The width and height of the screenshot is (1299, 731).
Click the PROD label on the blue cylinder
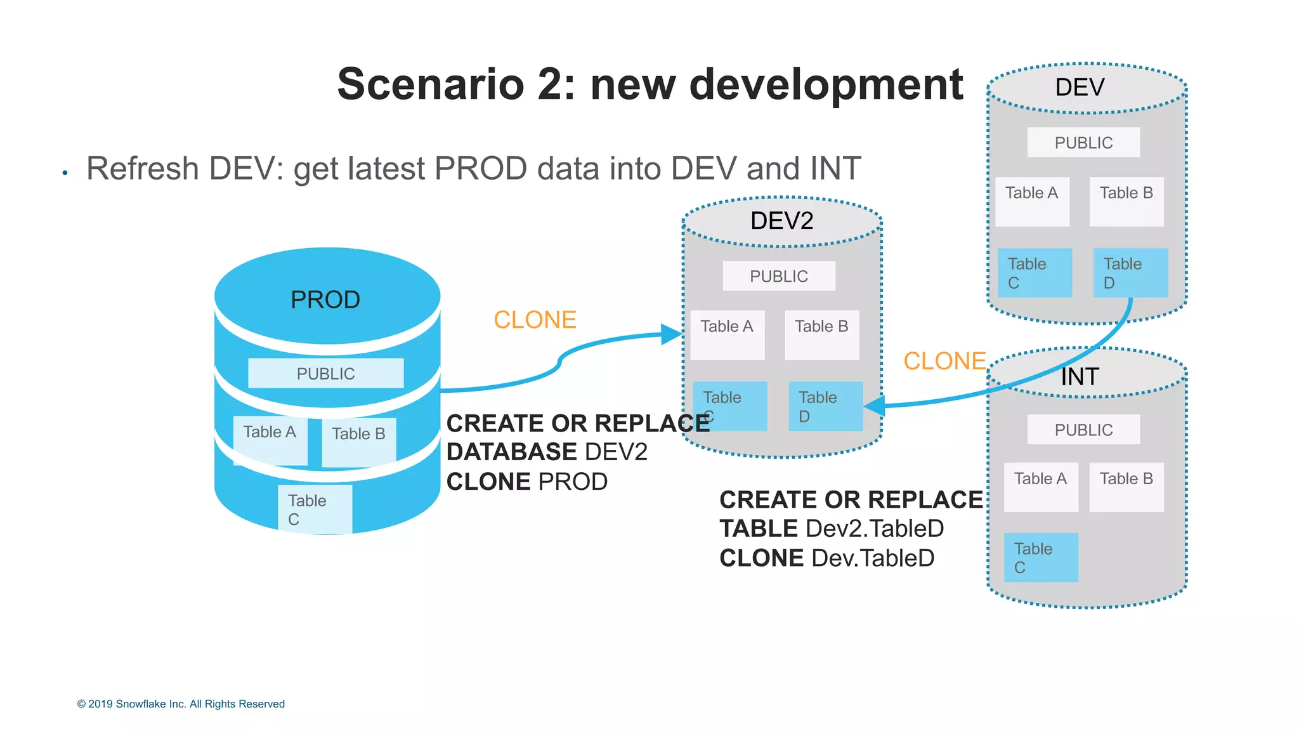coord(325,300)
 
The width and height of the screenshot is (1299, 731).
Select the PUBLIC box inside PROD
coord(325,373)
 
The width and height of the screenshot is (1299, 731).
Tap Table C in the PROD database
coord(315,509)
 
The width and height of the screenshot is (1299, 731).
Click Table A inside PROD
coord(270,440)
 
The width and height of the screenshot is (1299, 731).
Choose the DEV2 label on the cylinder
coord(781,221)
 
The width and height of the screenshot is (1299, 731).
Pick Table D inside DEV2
coord(825,406)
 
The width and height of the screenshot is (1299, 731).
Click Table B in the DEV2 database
coord(821,334)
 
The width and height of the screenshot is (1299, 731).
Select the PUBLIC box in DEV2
coord(779,276)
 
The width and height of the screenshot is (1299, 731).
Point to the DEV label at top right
coord(1080,88)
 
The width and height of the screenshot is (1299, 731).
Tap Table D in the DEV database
coord(1130,273)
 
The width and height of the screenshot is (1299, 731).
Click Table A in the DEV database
coord(1032,201)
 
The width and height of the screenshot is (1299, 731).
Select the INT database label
coord(1080,377)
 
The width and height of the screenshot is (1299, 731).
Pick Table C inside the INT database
coord(1041,557)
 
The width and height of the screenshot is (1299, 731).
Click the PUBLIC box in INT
coord(1083,430)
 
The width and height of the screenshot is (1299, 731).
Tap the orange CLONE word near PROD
coord(535,320)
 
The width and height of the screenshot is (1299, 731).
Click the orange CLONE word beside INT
coord(944,361)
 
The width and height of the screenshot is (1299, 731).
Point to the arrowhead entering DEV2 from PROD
coord(672,334)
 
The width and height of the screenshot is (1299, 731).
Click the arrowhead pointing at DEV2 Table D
coord(875,405)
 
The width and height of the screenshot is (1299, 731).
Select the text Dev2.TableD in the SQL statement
coord(874,529)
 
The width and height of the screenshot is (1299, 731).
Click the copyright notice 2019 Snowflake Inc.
coord(181,704)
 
